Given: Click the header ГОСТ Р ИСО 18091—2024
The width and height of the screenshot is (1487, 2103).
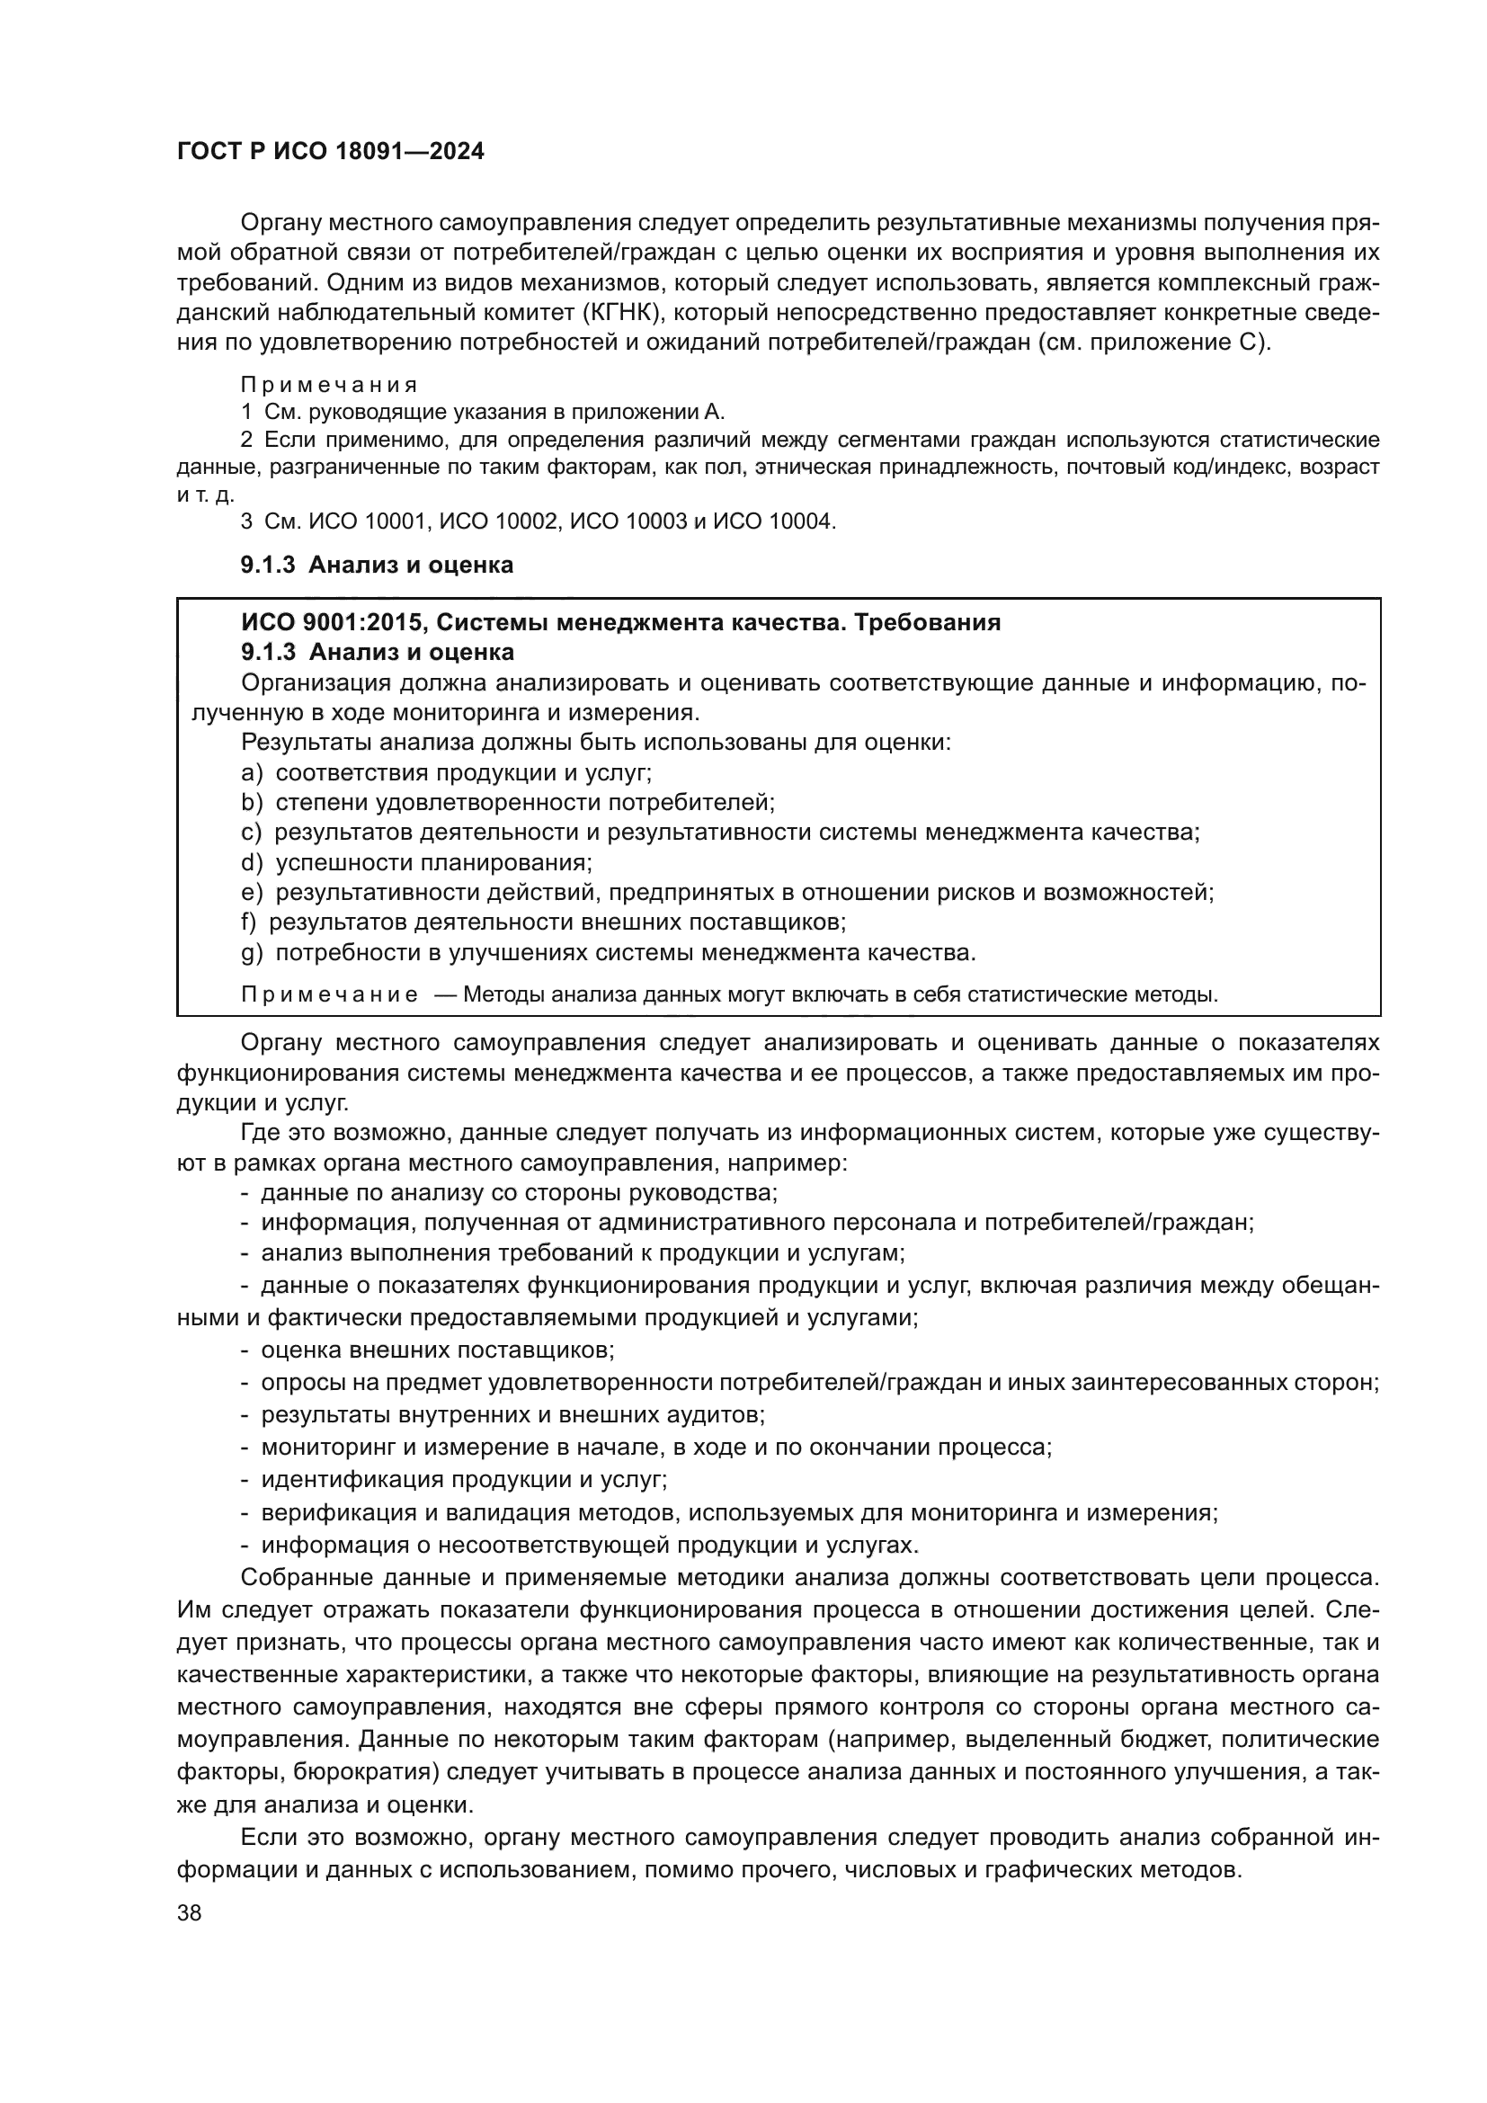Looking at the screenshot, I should pyautogui.click(x=331, y=151).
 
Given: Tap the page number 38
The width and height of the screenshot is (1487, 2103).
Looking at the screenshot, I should pyautogui.click(x=190, y=1912).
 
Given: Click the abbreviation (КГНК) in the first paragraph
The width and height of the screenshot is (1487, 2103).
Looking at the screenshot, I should pyautogui.click(x=620, y=313).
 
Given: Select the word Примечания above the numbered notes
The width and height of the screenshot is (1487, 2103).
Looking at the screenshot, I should pyautogui.click(x=329, y=385).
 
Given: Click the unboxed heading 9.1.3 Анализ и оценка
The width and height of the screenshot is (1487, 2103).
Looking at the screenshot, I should pyautogui.click(x=377, y=566).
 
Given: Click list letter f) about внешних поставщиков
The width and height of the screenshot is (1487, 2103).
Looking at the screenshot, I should pyautogui.click(x=249, y=922).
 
